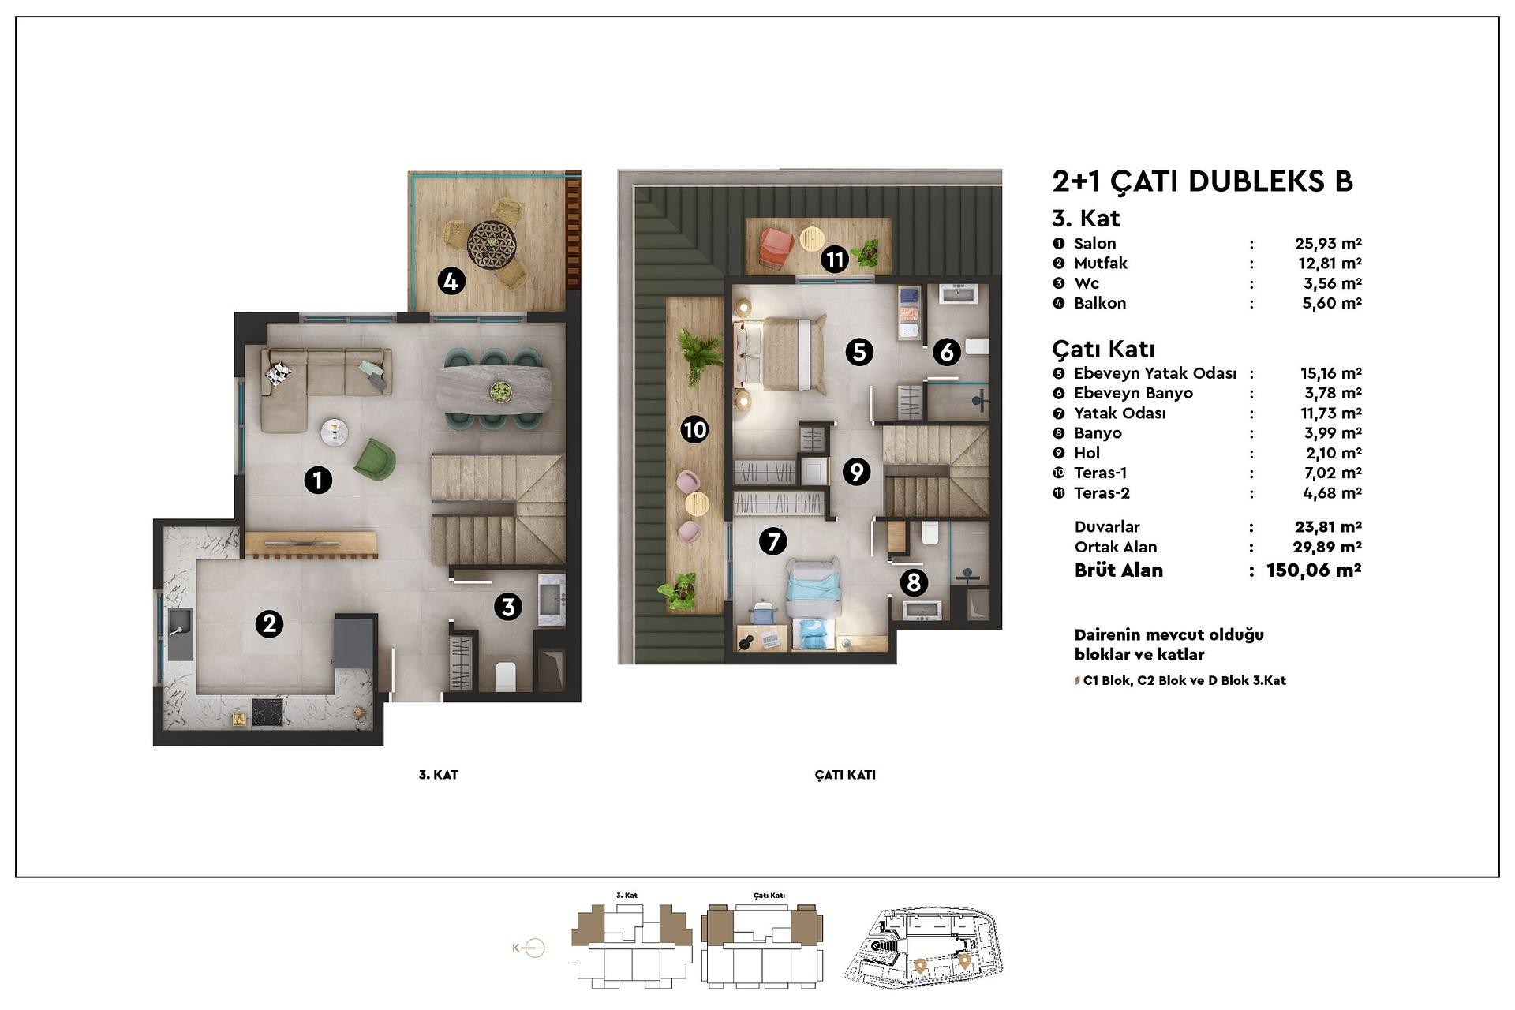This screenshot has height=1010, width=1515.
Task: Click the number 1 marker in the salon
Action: (318, 480)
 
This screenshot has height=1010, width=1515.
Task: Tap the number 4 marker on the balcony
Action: (451, 280)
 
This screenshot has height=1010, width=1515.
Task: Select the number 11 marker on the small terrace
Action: (834, 258)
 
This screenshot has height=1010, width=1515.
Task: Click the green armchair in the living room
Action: (375, 459)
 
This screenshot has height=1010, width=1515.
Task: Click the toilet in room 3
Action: (506, 677)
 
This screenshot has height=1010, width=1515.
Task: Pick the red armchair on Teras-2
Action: (776, 245)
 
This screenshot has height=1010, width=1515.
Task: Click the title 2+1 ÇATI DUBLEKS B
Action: (1203, 181)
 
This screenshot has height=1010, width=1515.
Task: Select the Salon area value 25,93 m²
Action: (1328, 244)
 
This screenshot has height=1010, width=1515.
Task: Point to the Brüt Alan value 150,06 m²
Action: (1314, 570)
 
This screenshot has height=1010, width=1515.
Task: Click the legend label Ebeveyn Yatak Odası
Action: (1155, 373)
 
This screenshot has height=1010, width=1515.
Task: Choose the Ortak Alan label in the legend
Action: (1116, 547)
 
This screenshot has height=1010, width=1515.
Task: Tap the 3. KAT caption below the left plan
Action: (439, 775)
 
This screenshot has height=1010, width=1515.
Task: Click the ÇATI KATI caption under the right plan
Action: (845, 775)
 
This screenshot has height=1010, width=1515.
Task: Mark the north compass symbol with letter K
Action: (529, 948)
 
